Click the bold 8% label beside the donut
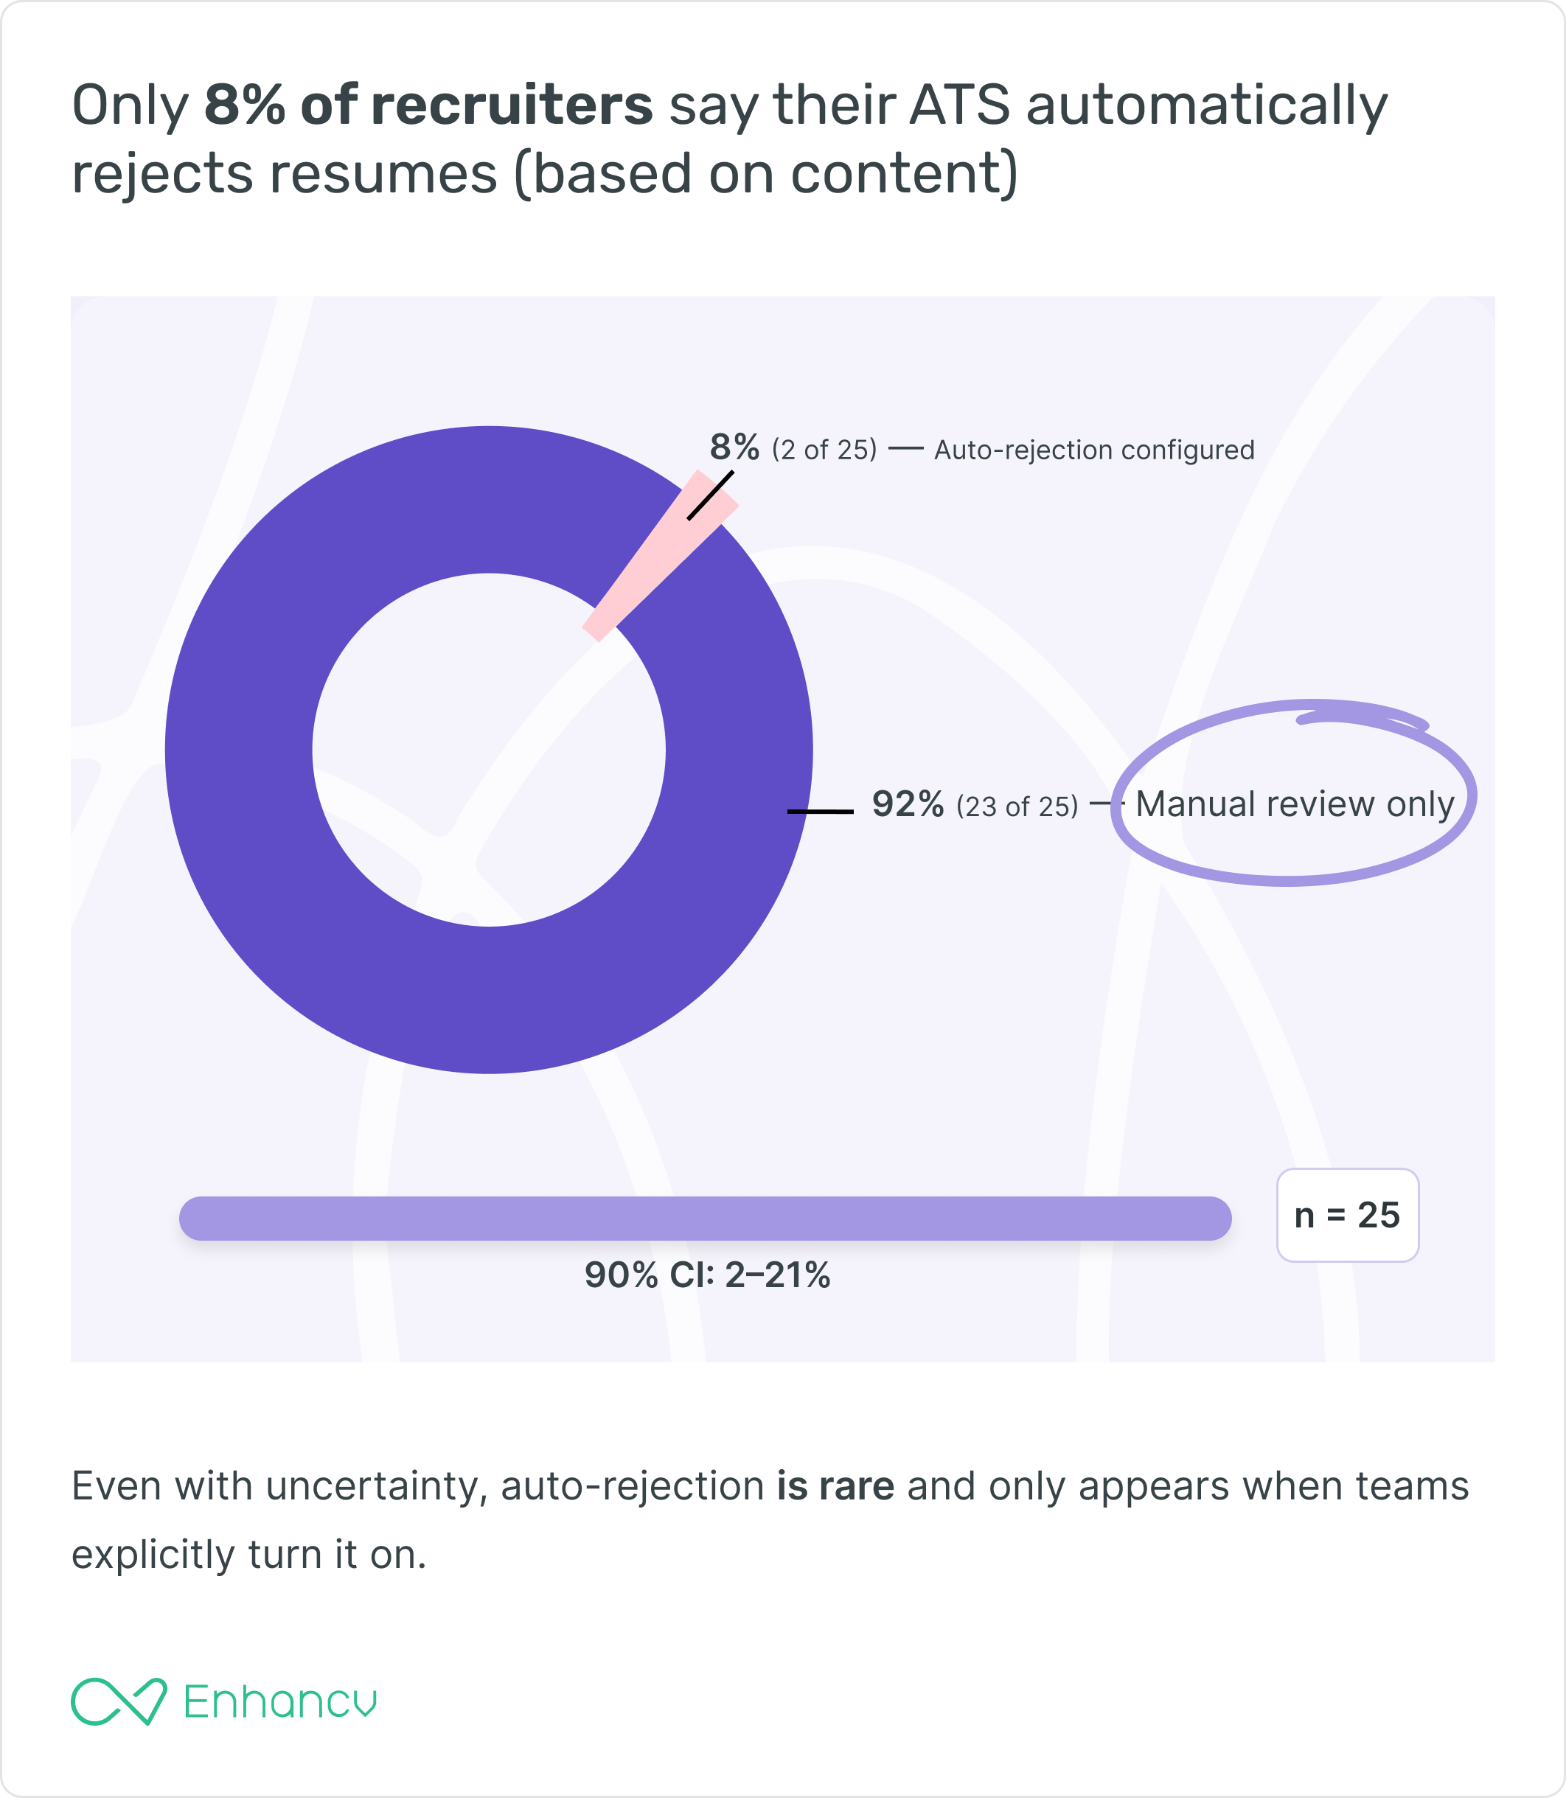734,447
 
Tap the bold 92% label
907,804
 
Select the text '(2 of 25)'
824,450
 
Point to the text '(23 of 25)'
1016,806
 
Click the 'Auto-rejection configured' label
1094,450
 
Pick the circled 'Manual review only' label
1294,804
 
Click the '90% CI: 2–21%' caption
707,1275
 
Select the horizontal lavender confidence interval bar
706,1218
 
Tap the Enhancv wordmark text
279,1702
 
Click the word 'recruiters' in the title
511,105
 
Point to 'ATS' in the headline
958,105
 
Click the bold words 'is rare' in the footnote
835,1486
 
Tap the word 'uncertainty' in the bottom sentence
377,1486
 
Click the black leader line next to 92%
820,812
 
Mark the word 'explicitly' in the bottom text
153,1554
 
